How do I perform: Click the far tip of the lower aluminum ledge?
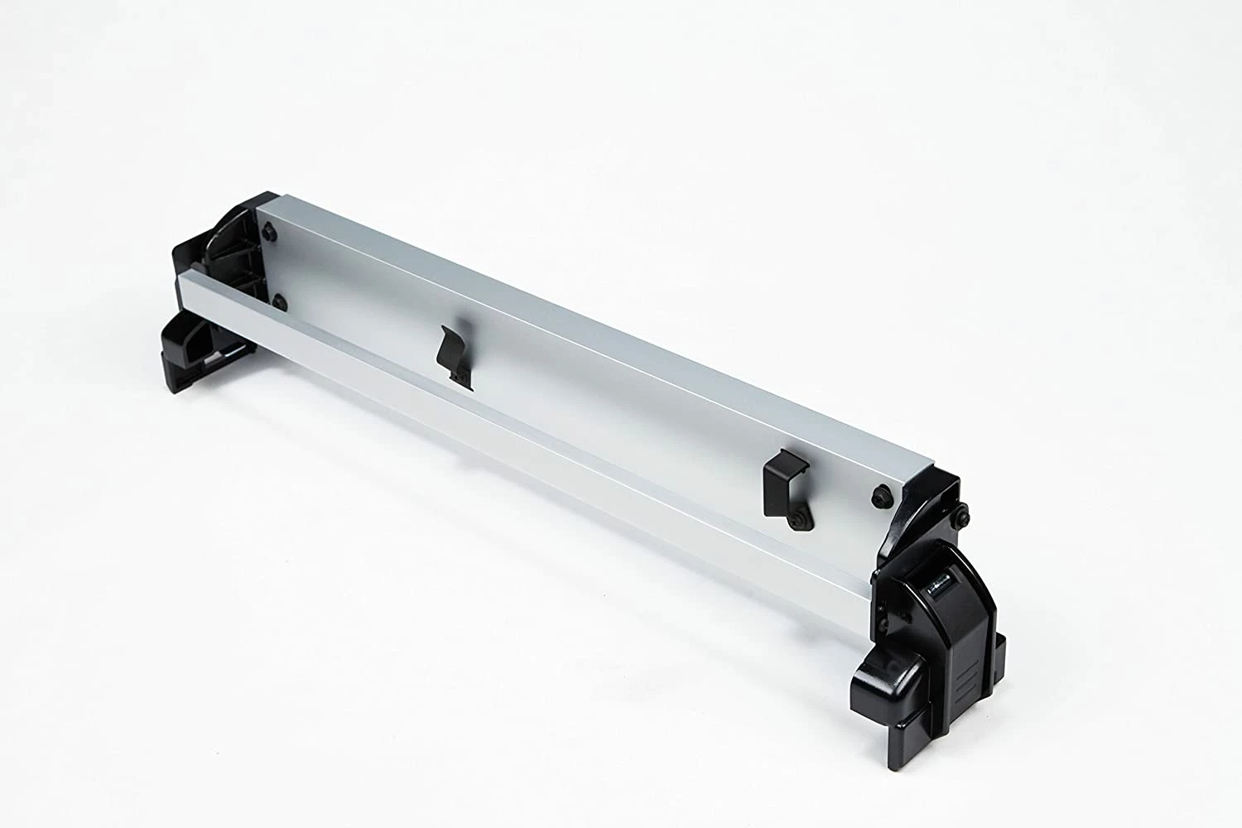point(185,277)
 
